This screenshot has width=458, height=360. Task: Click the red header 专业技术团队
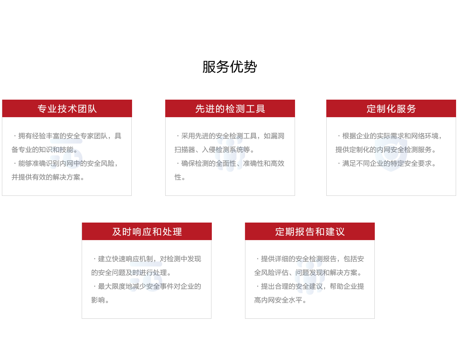[67, 109]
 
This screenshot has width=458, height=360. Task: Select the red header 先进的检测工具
[230, 109]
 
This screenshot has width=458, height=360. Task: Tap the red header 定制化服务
[391, 109]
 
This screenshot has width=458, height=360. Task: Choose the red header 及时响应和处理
[147, 232]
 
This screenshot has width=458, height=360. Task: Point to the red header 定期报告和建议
[310, 232]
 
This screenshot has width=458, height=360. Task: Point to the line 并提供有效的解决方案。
[48, 177]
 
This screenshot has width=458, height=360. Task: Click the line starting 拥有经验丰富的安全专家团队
[68, 136]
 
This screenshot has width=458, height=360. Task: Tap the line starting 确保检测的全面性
[230, 163]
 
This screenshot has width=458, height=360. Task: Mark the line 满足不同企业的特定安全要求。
[387, 163]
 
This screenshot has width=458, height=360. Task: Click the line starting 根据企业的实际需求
[390, 136]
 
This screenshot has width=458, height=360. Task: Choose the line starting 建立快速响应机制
[147, 259]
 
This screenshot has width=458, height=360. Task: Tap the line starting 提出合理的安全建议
[310, 286]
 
